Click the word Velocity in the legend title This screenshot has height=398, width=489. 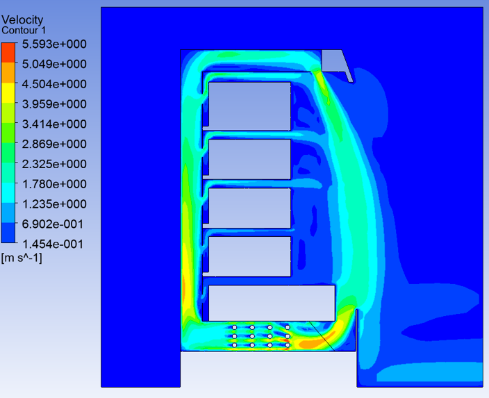click(22, 19)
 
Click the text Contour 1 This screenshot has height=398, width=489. click(24, 31)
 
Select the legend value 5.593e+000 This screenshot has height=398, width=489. click(54, 44)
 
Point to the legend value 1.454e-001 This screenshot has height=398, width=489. click(53, 244)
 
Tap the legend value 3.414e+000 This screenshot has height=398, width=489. click(54, 124)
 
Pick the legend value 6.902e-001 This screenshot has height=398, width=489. click(53, 224)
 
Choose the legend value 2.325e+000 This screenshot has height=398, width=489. click(54, 164)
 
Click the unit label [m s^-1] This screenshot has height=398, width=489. click(22, 258)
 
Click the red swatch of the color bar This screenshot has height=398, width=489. click(8, 53)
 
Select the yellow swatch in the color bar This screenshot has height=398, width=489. click(8, 92)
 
